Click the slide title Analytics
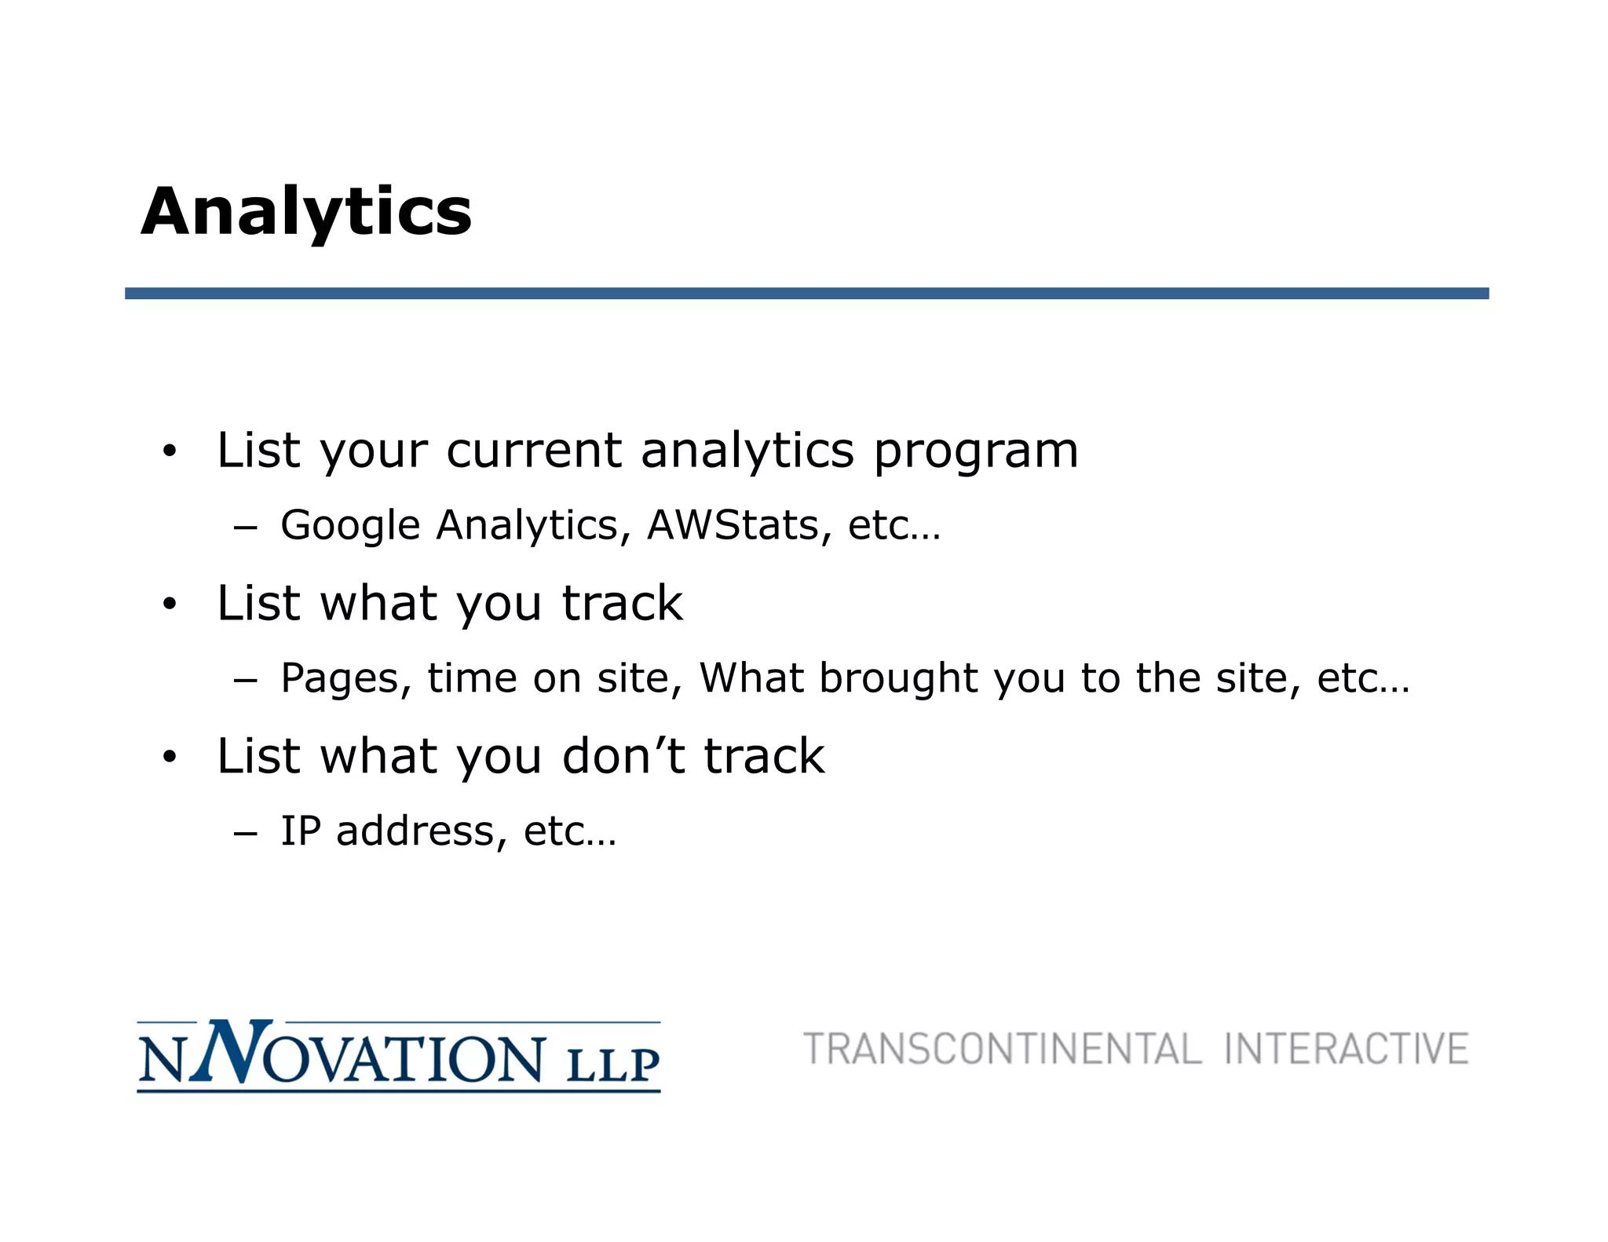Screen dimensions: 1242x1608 click(306, 212)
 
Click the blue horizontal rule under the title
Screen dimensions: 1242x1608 click(806, 293)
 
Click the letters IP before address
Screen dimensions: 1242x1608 click(301, 831)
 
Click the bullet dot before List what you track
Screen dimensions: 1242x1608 click(170, 605)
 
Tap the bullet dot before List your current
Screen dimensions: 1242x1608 click(170, 452)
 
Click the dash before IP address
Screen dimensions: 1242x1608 click(245, 834)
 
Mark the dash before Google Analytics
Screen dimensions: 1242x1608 click(245, 528)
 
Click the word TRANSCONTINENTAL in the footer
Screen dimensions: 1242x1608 click(1002, 1050)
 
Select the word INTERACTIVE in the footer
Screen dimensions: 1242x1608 click(1346, 1050)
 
